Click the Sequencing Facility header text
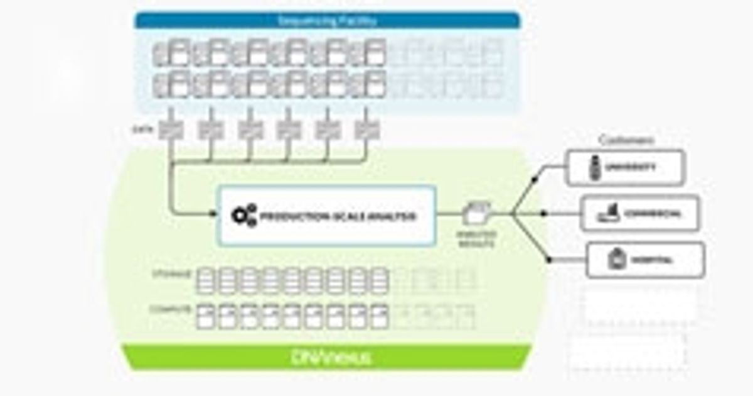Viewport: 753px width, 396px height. (327, 21)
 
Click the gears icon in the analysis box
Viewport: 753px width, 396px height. (243, 216)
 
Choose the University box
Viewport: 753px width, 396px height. (625, 167)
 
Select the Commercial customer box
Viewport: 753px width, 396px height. (639, 214)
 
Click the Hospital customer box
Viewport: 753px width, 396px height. (645, 259)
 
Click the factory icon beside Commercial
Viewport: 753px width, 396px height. (607, 214)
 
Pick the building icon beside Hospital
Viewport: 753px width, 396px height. (615, 259)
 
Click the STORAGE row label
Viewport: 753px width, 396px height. (170, 274)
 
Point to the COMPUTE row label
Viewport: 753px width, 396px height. (170, 309)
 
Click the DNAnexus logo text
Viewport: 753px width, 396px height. (331, 358)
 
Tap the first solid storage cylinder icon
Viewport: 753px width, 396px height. (207, 280)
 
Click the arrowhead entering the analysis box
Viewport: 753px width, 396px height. (213, 214)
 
